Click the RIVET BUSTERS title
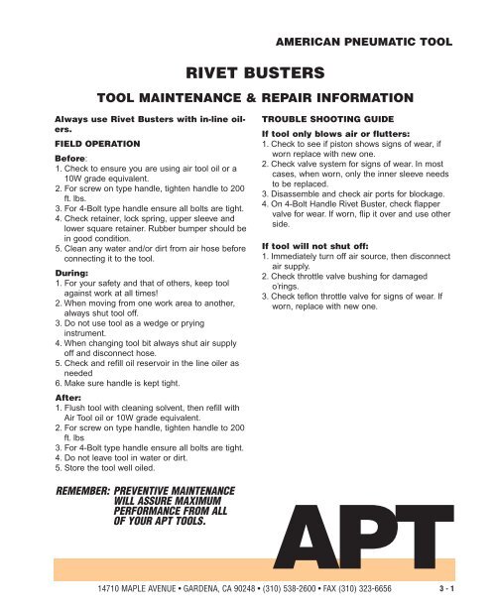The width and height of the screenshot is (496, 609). coord(247,71)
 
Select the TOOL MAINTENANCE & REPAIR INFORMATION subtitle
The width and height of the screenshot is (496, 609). coord(248,99)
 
